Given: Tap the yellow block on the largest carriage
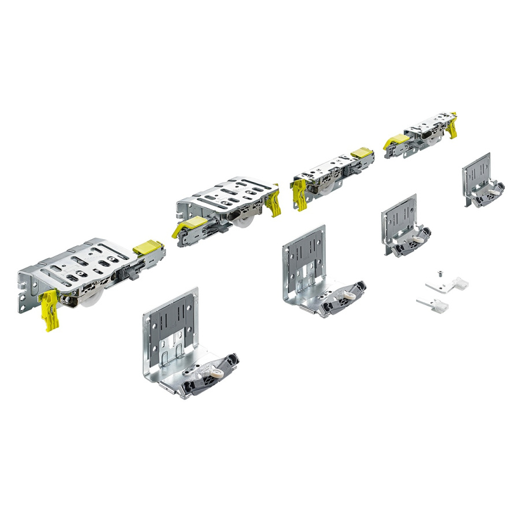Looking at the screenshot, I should tap(147, 247).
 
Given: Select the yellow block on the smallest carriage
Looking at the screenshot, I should tap(397, 140).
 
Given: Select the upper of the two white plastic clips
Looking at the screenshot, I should tap(448, 285).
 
